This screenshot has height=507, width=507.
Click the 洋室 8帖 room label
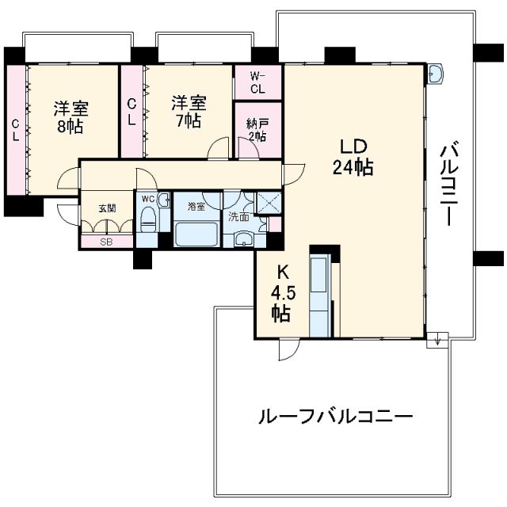point(71,116)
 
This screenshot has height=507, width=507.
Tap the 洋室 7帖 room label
point(189,111)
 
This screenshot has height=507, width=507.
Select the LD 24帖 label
point(353,157)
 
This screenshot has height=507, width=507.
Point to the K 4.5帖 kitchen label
point(280,292)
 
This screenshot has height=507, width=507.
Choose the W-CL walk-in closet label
point(257,82)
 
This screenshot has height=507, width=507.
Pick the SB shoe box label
point(106,242)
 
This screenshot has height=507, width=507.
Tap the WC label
point(147,200)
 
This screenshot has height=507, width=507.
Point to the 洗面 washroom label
point(239,215)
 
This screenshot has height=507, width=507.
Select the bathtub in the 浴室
point(196,234)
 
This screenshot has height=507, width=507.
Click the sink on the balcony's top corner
point(435,74)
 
